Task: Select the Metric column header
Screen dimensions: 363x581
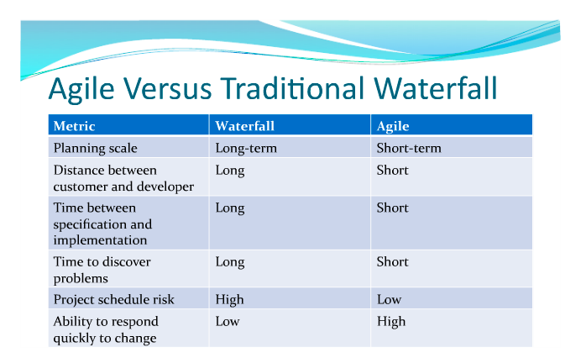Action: click(75, 126)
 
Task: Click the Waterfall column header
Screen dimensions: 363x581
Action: click(245, 126)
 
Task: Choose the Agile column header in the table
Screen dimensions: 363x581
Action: click(394, 126)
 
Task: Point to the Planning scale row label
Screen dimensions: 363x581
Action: click(94, 148)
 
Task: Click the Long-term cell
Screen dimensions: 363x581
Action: click(246, 148)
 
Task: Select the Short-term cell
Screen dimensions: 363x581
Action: click(409, 148)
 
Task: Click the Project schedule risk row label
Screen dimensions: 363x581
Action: click(113, 299)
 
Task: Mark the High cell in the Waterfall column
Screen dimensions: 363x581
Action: click(230, 299)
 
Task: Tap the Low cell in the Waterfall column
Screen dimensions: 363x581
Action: click(228, 321)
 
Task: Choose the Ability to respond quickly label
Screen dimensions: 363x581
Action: click(106, 329)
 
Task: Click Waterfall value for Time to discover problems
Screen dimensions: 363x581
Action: click(230, 262)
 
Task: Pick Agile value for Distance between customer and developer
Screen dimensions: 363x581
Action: click(393, 171)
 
